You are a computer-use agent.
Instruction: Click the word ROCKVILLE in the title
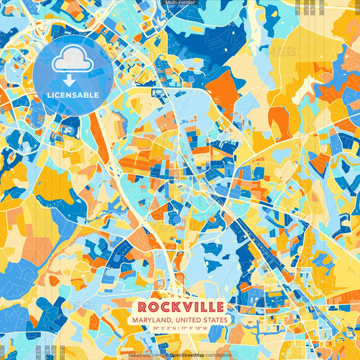pos(180,307)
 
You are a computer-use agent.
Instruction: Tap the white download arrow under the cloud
pos(72,79)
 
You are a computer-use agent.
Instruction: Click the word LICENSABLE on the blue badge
pos(72,94)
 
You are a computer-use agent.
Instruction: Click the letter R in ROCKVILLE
pos(140,307)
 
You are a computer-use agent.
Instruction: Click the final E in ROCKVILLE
pos(220,307)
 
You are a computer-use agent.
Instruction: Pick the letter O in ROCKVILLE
pos(150,307)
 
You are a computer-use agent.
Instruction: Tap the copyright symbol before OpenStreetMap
pos(168,354)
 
